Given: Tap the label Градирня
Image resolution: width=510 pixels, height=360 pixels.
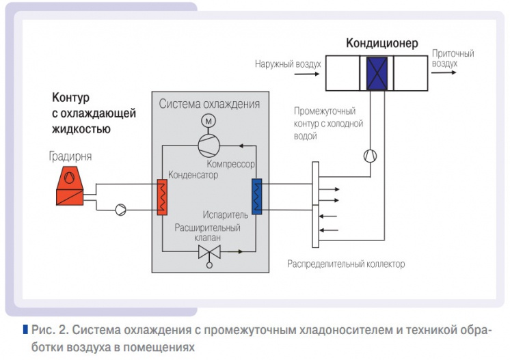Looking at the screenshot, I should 70,156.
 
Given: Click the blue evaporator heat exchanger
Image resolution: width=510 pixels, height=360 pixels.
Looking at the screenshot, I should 256,197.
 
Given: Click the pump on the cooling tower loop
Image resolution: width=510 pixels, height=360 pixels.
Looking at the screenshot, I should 120,208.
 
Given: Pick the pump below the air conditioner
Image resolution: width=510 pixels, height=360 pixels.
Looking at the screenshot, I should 370,155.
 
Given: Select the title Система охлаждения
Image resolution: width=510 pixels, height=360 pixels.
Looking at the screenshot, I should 209,104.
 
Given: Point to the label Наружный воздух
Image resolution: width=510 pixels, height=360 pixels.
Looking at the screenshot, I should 288,64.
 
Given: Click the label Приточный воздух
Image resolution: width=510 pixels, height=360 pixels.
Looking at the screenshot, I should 453,58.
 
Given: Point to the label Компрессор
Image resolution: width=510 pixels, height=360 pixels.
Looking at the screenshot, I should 230,165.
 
